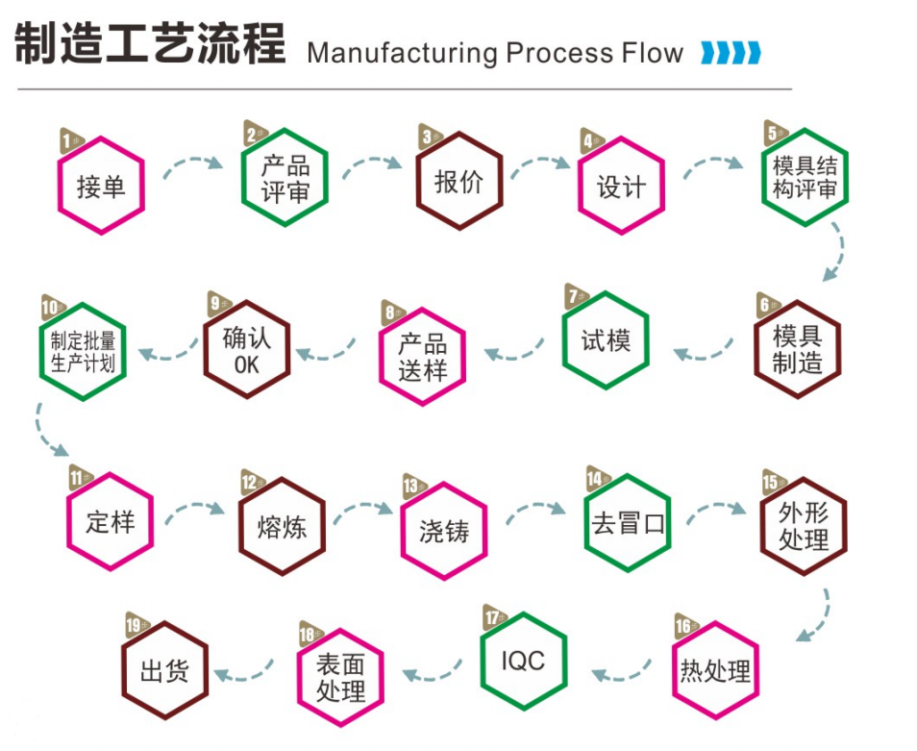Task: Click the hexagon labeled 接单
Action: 101,186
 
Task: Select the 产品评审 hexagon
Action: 285,178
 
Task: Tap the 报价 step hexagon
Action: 458,182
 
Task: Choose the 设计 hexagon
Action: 621,186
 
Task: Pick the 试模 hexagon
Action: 606,339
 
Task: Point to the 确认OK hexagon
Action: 246,349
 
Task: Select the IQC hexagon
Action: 523,661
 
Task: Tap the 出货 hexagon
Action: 163,670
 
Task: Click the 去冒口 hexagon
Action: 628,523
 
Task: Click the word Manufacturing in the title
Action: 402,52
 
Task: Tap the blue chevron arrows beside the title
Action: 731,52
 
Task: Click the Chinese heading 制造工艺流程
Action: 150,44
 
